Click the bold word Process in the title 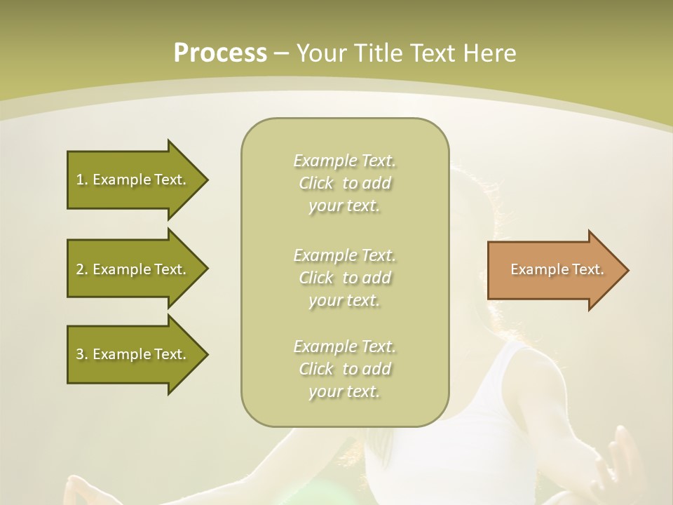220,53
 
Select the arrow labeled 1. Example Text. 133,180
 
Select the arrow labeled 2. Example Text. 133,269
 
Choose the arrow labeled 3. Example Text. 133,354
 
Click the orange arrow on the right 554,270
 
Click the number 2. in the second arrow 81,269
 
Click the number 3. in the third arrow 81,354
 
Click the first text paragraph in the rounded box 344,183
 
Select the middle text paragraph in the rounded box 344,277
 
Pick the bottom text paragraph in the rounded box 344,369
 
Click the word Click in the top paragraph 315,184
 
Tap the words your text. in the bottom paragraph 344,392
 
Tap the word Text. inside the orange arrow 587,269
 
